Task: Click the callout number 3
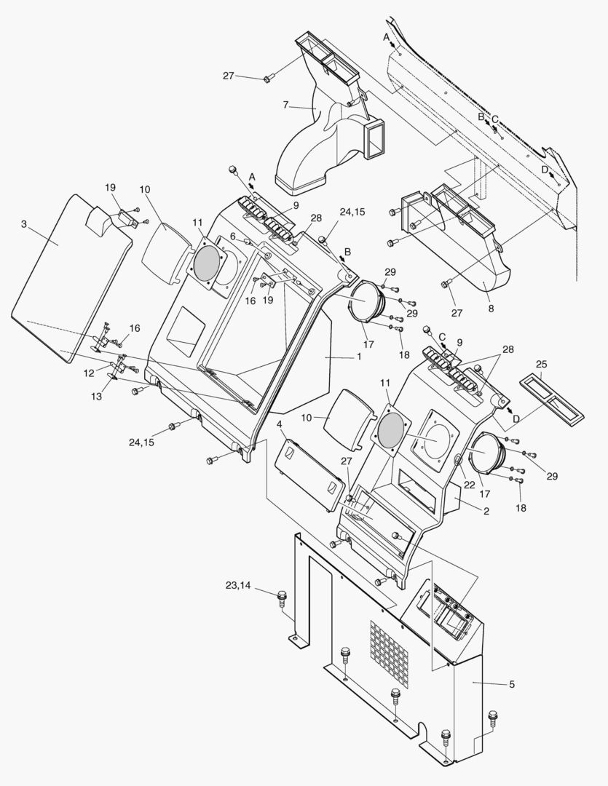tap(23, 224)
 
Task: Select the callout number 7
tap(285, 105)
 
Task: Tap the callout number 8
tap(491, 308)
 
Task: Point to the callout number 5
tap(512, 684)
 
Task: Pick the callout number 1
tap(358, 358)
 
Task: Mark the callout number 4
tap(280, 424)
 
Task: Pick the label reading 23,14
tap(239, 584)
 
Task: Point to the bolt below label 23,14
tap(283, 601)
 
